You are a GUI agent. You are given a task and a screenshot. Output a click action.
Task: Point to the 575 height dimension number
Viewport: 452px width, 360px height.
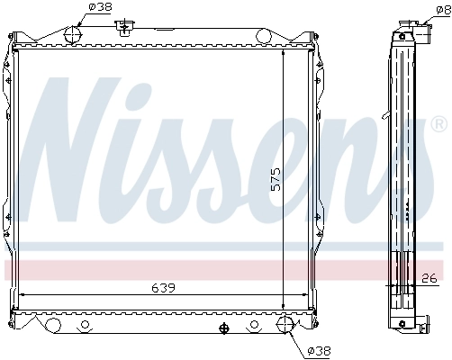tap(276, 180)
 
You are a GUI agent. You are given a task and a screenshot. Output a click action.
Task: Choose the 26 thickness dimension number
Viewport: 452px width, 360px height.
tap(429, 277)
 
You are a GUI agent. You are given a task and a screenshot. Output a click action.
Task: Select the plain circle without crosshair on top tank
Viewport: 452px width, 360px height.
tap(264, 36)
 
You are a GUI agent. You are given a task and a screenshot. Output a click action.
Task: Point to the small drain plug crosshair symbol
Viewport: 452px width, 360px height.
tap(222, 328)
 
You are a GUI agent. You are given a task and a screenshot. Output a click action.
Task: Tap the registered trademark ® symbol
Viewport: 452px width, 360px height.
tap(438, 123)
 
